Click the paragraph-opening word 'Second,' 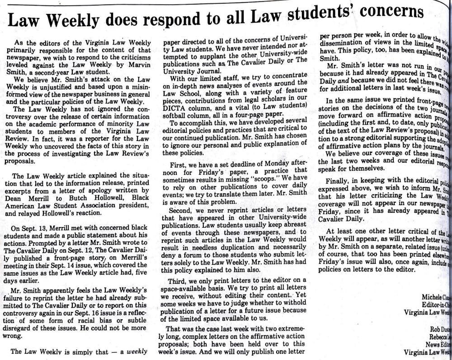pos(181,211)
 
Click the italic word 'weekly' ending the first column pos(137,351)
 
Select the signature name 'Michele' pos(434,297)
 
